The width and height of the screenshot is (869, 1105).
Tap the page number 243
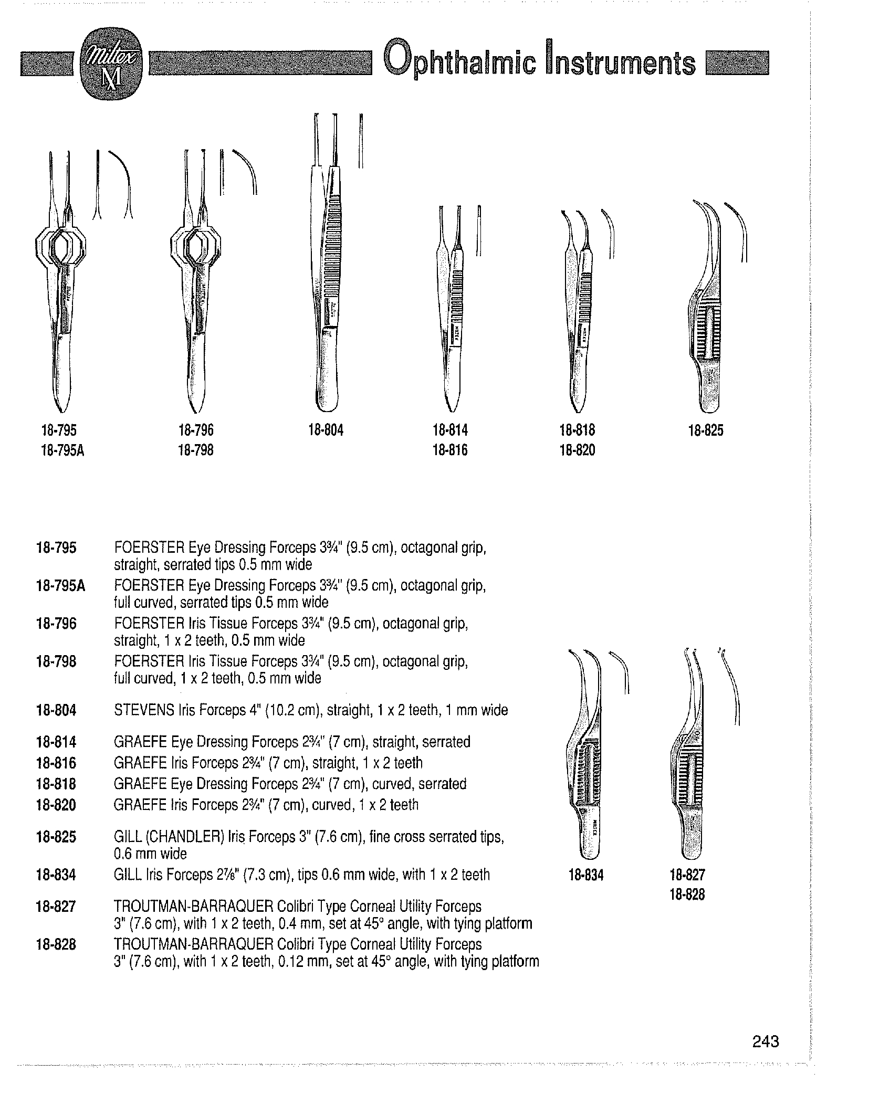pyautogui.click(x=765, y=1041)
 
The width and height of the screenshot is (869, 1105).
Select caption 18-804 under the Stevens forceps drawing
pyautogui.click(x=326, y=430)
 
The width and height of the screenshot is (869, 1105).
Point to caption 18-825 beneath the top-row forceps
pyautogui.click(x=706, y=430)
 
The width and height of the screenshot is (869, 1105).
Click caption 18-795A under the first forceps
pyautogui.click(x=62, y=450)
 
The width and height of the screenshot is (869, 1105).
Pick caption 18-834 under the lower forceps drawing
pyautogui.click(x=586, y=875)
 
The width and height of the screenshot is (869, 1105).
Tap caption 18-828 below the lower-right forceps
pyautogui.click(x=687, y=894)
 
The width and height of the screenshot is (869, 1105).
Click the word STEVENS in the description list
pyautogui.click(x=144, y=710)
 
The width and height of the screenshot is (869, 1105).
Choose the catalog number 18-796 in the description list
pyautogui.click(x=56, y=624)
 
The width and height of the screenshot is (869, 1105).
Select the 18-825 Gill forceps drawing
pyautogui.click(x=709, y=310)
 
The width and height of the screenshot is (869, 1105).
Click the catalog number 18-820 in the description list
pyautogui.click(x=56, y=805)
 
